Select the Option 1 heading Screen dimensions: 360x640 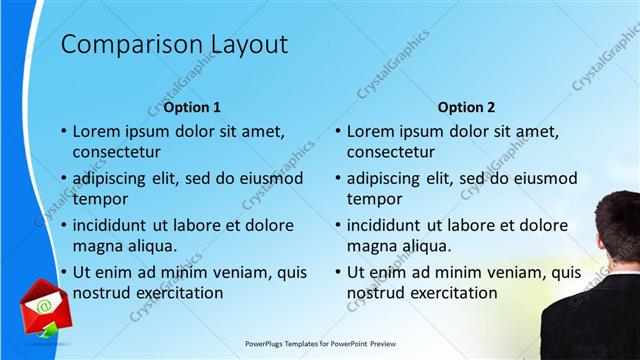pyautogui.click(x=192, y=107)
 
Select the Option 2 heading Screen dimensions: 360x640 pyautogui.click(x=466, y=107)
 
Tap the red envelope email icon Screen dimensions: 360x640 pyautogui.click(x=42, y=305)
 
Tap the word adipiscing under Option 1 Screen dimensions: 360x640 pyautogui.click(x=113, y=178)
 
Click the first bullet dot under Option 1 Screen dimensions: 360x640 pyautogui.click(x=64, y=131)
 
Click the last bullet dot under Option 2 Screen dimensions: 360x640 pyautogui.click(x=338, y=272)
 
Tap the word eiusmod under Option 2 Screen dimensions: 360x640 pyautogui.click(x=544, y=178)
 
